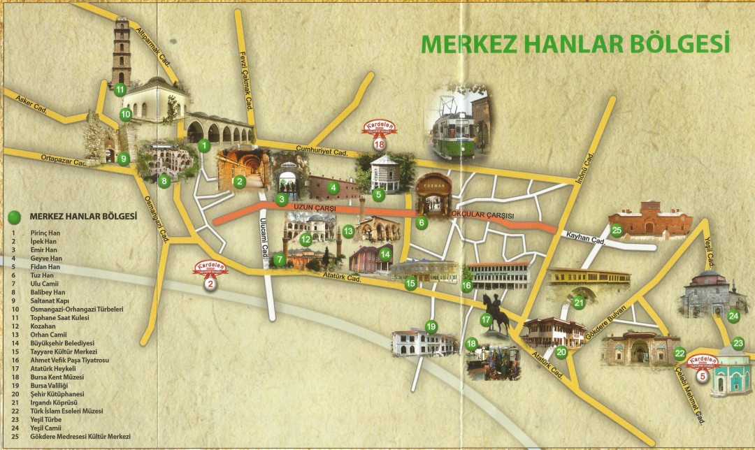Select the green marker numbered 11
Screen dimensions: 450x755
click(x=120, y=89)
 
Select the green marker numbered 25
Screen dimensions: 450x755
click(x=616, y=229)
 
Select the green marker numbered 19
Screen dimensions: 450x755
click(x=431, y=326)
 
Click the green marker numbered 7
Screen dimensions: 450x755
click(x=280, y=260)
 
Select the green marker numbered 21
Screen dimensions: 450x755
click(x=579, y=303)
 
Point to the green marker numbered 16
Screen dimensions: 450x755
click(x=466, y=285)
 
